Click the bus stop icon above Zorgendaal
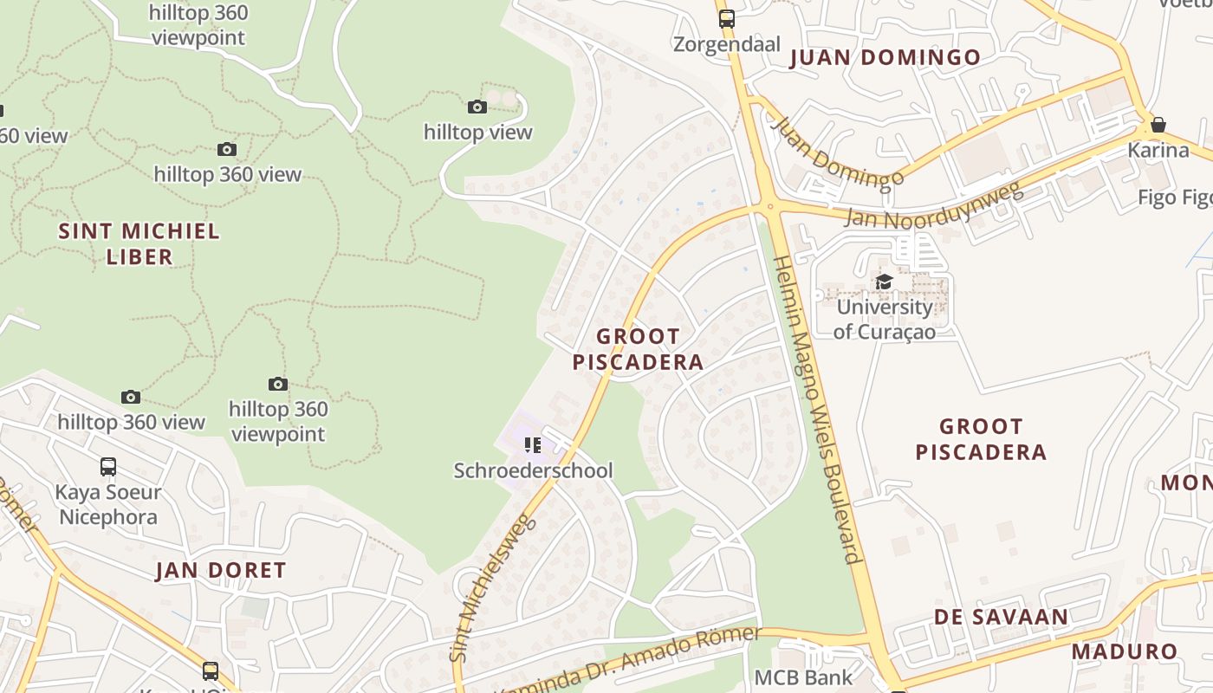[x=726, y=18]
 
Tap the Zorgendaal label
[x=727, y=44]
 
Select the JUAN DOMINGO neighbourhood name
[x=885, y=58]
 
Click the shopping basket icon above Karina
[x=1158, y=125]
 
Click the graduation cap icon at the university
[x=884, y=282]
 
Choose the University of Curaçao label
[x=884, y=319]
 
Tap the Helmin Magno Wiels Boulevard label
[x=819, y=407]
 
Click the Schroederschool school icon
[x=533, y=445]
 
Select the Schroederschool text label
[x=533, y=470]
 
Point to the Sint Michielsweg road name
[x=490, y=589]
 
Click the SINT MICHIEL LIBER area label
[x=139, y=243]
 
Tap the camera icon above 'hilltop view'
[x=477, y=107]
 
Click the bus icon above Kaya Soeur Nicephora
[x=108, y=467]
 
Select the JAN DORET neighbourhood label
[x=220, y=570]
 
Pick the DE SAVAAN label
[x=1001, y=617]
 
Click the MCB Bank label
[x=803, y=677]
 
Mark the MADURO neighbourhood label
[x=1125, y=651]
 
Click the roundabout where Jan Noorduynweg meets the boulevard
[x=769, y=206]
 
